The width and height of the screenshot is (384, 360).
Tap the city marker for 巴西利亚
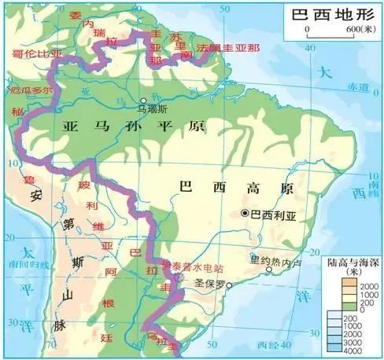click(x=246, y=213)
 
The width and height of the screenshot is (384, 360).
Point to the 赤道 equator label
click(x=362, y=86)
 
